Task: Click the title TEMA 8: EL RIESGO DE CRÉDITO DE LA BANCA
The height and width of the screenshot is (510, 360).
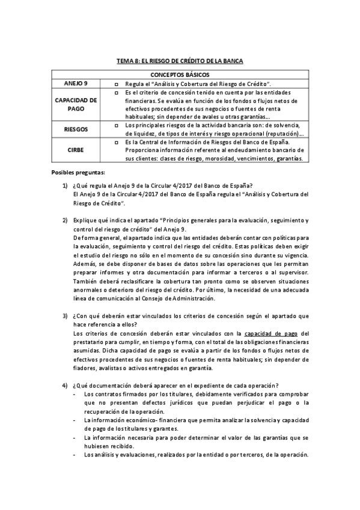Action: pyautogui.click(x=180, y=61)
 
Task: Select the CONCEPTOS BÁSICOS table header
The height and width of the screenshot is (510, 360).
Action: pyautogui.click(x=180, y=73)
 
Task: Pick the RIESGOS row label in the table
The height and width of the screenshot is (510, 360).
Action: pyautogui.click(x=76, y=129)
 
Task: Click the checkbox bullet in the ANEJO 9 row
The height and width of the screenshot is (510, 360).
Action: pyautogui.click(x=117, y=83)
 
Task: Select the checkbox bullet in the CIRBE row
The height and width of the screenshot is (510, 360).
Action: pyautogui.click(x=117, y=142)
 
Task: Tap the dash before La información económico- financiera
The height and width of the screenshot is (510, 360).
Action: pyautogui.click(x=74, y=420)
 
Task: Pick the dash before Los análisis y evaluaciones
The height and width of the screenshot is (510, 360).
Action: pyautogui.click(x=74, y=455)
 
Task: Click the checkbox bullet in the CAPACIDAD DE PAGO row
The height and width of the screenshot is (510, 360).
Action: pyautogui.click(x=117, y=93)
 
